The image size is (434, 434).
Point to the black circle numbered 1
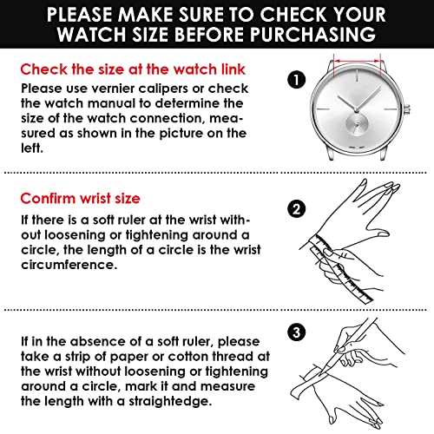pos(297,81)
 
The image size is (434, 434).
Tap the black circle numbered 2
pos(297,208)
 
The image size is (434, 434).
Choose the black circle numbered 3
pos(297,332)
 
